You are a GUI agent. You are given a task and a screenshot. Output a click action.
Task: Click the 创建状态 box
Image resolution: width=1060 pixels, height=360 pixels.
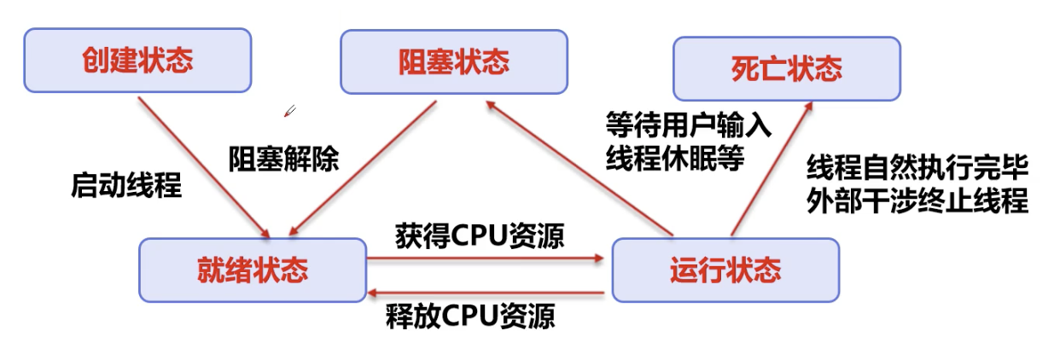coord(137,60)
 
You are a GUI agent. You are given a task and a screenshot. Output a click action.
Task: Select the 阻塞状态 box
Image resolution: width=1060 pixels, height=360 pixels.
coord(454,62)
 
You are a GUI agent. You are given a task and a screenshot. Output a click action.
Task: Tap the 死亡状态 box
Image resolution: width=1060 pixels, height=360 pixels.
coord(787,68)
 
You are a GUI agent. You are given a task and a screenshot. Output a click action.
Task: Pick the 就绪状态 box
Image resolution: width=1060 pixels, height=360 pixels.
coord(253,270)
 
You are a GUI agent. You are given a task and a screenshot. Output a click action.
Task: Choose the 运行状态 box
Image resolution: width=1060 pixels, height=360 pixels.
coord(725,270)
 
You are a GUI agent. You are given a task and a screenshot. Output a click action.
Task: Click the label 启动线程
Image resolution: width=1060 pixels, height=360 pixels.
coord(126,185)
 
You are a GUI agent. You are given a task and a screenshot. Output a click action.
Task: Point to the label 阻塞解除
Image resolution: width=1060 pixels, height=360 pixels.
coord(284,159)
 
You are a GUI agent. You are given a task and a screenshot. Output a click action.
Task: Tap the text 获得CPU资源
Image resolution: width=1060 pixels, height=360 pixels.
coord(480,235)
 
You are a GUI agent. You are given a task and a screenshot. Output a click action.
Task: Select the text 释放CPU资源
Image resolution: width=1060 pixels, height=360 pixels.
coord(470,316)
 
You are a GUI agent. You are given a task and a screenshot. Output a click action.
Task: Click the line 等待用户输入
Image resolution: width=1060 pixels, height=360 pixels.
coord(689,125)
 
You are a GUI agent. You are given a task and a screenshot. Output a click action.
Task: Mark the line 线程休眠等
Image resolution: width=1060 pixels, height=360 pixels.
coord(675,158)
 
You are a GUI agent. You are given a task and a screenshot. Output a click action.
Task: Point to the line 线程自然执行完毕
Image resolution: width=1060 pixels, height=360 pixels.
coord(917,167)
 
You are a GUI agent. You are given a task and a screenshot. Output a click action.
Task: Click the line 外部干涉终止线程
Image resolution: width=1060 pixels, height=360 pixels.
coord(917,200)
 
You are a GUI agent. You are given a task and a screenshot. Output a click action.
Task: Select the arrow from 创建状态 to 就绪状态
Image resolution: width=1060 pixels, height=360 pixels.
coord(204,167)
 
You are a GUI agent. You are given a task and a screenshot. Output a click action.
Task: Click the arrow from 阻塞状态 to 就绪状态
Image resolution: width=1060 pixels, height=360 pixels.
coord(363,168)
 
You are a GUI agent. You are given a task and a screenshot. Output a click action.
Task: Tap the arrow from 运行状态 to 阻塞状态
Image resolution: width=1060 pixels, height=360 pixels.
coord(580,168)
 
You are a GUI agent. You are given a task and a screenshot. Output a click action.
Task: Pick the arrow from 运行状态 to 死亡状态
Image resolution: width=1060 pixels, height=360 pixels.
coord(772,168)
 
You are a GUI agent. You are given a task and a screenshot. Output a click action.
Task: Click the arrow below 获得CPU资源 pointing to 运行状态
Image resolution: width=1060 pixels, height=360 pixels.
coord(486,258)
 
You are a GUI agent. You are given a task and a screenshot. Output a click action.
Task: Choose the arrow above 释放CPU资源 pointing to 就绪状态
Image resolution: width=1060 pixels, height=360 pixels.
coord(486,293)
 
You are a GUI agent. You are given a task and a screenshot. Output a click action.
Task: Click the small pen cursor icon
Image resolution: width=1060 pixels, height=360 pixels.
coord(290,111)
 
